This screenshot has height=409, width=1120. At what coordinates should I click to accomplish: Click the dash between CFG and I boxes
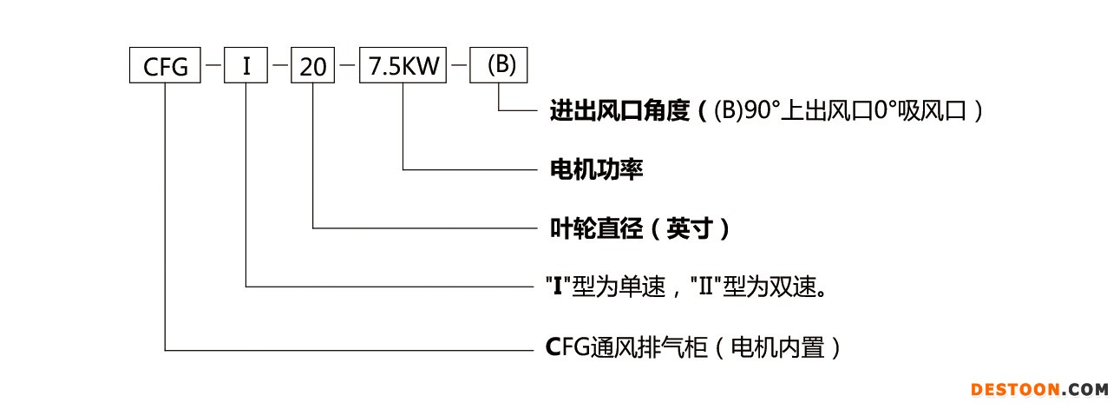(213, 64)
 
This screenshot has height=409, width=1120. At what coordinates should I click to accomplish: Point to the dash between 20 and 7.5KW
(347, 64)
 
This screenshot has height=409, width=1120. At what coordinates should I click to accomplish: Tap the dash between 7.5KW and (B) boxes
(459, 64)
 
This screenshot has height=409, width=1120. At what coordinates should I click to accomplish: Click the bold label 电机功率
(596, 169)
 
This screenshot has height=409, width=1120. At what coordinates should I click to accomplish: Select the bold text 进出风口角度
(619, 110)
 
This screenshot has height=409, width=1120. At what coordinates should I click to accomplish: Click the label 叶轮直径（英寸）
(640, 228)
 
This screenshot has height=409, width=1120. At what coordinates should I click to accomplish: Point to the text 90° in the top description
(762, 110)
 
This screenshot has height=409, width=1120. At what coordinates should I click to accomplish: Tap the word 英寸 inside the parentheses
(689, 228)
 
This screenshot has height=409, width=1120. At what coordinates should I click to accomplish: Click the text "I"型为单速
(606, 287)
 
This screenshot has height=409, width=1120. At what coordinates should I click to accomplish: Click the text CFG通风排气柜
(626, 347)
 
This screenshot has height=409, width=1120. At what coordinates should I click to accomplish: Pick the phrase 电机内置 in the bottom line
(777, 347)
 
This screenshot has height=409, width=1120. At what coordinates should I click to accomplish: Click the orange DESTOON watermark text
(1015, 390)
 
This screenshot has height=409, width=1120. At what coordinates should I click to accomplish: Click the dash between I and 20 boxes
(280, 64)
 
